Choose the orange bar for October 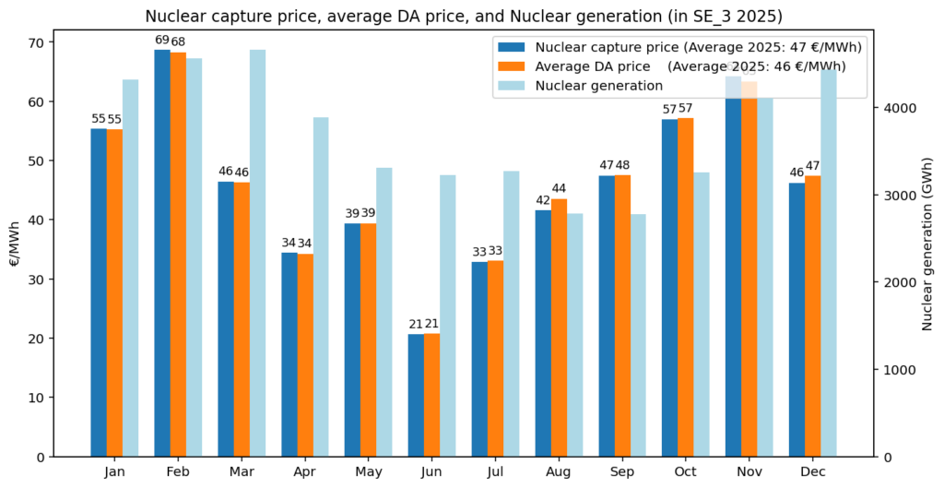click(686, 287)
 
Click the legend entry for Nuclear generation click(599, 86)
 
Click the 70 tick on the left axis click(37, 42)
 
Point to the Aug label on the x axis click(559, 471)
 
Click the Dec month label click(812, 471)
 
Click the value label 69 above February click(161, 41)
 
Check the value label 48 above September click(623, 165)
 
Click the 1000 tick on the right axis click(897, 370)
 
